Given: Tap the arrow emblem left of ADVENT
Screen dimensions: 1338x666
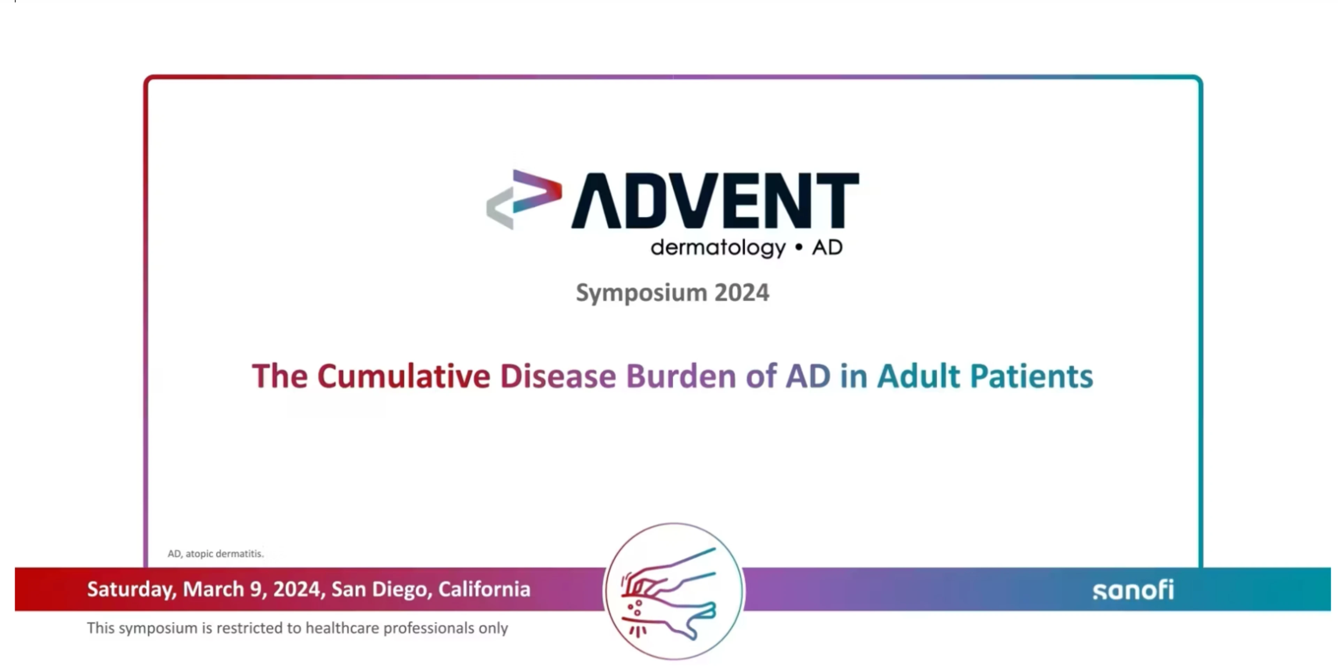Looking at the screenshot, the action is [x=524, y=199].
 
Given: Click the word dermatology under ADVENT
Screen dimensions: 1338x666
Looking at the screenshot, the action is [x=718, y=248].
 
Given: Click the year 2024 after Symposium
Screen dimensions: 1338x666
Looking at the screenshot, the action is [x=742, y=292].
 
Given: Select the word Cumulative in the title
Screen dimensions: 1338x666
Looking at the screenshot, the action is [x=403, y=376].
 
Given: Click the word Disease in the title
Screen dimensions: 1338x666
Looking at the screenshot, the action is [x=558, y=376].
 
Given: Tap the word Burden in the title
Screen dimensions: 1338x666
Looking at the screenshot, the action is [x=681, y=376].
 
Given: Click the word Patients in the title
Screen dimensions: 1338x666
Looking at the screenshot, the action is [x=1031, y=376].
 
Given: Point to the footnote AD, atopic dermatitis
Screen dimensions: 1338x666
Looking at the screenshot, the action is [x=216, y=554].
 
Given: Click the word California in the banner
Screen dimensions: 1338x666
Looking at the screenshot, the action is [x=484, y=589].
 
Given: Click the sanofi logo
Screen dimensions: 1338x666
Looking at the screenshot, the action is [x=1133, y=590].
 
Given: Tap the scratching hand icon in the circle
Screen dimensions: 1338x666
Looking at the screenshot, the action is [x=669, y=592].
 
